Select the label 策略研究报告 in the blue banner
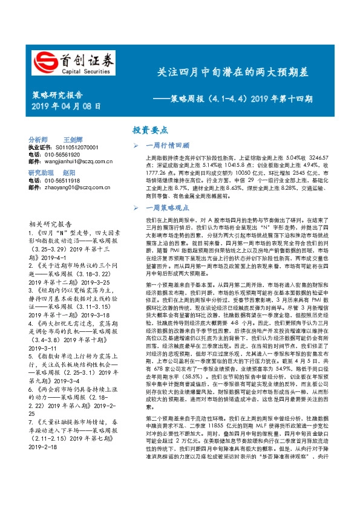pyautogui.click(x=57, y=95)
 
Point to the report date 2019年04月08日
pyautogui.click(x=65, y=106)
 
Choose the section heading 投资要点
pyautogui.click(x=150, y=131)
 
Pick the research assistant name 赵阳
pyautogui.click(x=70, y=172)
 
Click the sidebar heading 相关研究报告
pyautogui.click(x=50, y=222)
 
